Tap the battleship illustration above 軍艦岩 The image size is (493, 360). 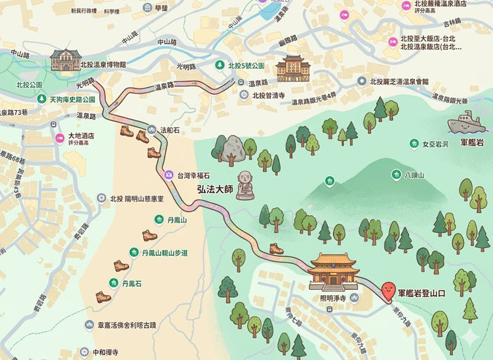coord(467,123)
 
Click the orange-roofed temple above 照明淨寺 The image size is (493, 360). coord(334,272)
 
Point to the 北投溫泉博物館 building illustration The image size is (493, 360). coord(66,60)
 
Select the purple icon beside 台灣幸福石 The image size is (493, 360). coord(168,175)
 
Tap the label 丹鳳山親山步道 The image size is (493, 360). coord(165,253)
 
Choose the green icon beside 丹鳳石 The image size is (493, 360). coord(113,283)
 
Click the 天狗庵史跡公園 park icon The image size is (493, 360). coord(41,99)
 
